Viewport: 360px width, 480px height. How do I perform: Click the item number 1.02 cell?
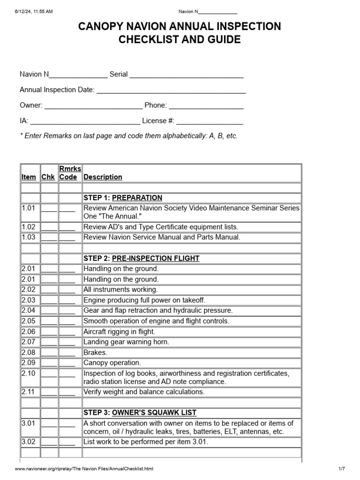[x=30, y=227]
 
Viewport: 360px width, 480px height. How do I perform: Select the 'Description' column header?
[x=103, y=177]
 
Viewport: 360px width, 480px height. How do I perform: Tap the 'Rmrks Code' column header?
[x=70, y=173]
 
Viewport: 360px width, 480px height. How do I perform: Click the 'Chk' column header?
[x=48, y=177]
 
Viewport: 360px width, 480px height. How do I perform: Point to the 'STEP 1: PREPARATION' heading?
[x=123, y=198]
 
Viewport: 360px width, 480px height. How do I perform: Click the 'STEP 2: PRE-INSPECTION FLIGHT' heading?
[x=141, y=258]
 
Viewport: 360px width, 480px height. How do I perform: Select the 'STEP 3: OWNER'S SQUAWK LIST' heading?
[x=140, y=413]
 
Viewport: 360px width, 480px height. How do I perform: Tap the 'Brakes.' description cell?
[x=95, y=352]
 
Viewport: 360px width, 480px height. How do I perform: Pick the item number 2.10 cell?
[x=30, y=374]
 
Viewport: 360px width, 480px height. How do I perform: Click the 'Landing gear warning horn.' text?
[x=126, y=342]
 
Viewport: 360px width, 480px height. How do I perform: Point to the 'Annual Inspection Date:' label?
[x=57, y=90]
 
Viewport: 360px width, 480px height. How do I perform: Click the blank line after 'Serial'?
[x=187, y=75]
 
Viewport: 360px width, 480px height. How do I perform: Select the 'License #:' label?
[x=158, y=121]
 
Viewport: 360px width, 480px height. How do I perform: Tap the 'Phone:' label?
[x=155, y=105]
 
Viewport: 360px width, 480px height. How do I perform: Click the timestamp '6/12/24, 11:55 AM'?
[x=34, y=12]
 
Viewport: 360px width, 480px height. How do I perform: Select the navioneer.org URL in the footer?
[x=84, y=469]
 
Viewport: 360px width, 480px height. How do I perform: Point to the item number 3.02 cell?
[x=30, y=442]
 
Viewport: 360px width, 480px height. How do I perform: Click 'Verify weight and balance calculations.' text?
[x=144, y=392]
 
